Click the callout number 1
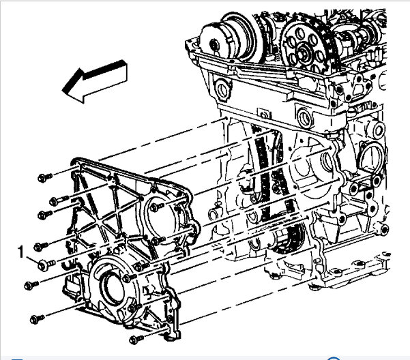pyautogui.click(x=20, y=252)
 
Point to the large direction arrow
pyautogui.click(x=95, y=82)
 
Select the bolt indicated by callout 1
pyautogui.click(x=46, y=265)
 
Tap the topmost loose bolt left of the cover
pyautogui.click(x=45, y=177)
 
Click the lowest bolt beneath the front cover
pyautogui.click(x=136, y=340)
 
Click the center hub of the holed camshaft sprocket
pyautogui.click(x=304, y=52)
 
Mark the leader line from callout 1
pyautogui.click(x=32, y=259)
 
